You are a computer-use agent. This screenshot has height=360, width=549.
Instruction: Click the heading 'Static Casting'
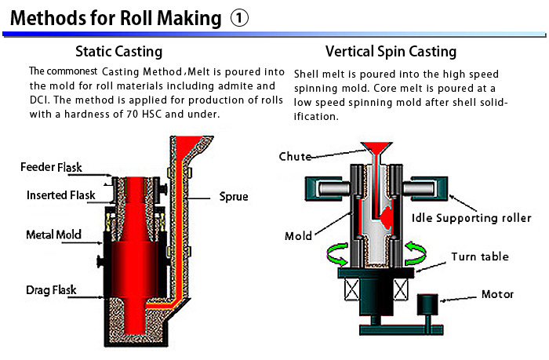click(x=119, y=53)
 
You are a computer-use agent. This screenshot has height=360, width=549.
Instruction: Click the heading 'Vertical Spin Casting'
click(x=391, y=53)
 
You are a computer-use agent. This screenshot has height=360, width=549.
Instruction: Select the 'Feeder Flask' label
click(x=51, y=167)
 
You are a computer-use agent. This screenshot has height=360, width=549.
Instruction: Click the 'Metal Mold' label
click(x=54, y=234)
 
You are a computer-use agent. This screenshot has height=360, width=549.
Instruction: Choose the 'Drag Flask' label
click(x=50, y=290)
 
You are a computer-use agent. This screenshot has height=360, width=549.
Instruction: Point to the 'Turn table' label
click(x=479, y=256)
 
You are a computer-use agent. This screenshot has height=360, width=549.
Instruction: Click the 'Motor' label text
click(x=497, y=294)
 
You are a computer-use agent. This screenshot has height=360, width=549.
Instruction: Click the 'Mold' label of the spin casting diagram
click(x=298, y=235)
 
